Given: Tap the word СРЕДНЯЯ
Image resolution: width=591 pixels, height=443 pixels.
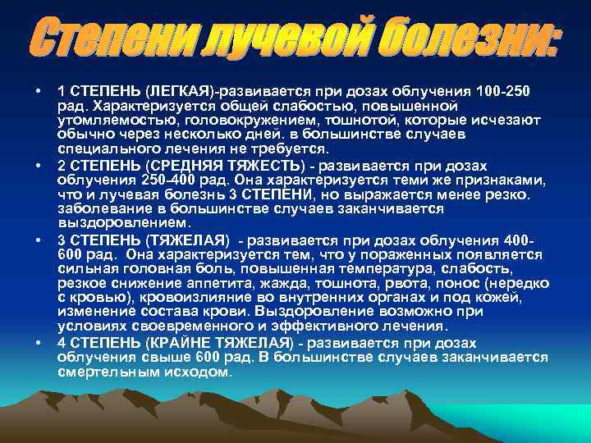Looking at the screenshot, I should (181, 164).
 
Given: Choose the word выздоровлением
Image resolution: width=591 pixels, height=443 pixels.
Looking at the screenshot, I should (123, 222).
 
